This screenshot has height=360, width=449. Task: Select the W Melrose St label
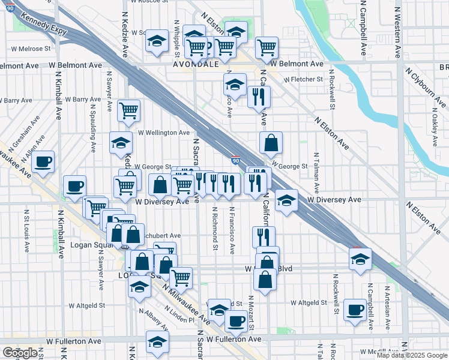30,49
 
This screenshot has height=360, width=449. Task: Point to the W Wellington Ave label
164,133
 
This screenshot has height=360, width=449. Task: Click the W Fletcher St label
303,79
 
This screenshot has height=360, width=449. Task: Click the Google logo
19,353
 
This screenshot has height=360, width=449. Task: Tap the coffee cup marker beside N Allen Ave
43,161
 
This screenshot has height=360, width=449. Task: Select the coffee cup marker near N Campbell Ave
355,310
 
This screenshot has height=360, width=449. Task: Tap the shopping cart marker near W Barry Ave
128,110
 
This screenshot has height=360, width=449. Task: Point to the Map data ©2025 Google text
412,355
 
